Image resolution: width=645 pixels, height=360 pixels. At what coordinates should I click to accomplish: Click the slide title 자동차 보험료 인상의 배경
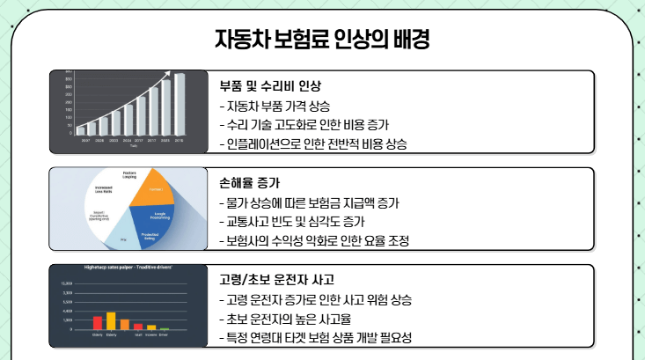coord(322,39)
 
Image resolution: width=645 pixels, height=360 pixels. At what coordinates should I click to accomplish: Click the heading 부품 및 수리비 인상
coord(270,86)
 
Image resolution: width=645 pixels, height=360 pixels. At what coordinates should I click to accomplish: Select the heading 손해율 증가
coord(249,183)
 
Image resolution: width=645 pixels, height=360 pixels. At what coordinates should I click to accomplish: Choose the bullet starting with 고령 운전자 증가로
coord(315,299)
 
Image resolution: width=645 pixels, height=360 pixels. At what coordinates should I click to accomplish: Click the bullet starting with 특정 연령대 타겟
coord(315,337)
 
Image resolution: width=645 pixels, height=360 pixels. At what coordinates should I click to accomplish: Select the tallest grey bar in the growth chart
coord(180,104)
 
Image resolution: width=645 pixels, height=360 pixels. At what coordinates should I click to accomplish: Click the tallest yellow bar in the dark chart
coord(111,320)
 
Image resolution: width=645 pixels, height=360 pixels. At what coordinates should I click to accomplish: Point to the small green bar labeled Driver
coord(164,328)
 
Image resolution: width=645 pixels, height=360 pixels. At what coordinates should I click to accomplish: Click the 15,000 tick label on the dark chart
coord(67,283)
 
